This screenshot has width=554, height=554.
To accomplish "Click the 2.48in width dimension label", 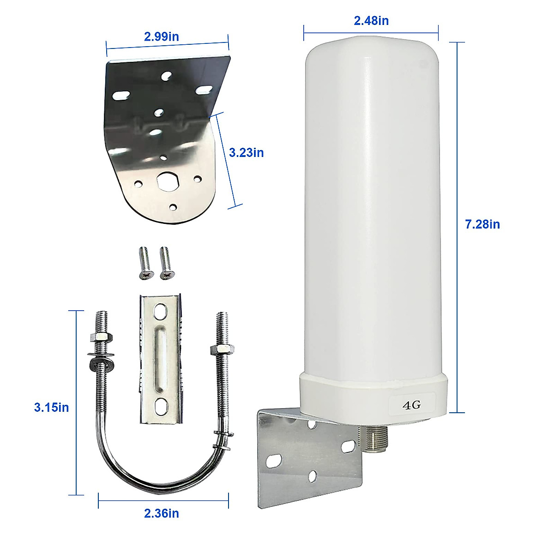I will pos(371,21).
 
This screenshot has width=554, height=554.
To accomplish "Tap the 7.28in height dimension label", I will pos(482,224).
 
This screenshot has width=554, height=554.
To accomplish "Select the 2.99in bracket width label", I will pos(161,36).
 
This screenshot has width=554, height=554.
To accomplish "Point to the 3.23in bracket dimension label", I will pos(246,152).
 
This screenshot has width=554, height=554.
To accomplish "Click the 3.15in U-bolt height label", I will pos(51,407).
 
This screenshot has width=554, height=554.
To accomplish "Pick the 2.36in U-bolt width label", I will pos(161,513).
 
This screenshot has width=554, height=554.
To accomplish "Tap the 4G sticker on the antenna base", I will pos(411,405).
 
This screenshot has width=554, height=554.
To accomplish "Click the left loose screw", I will pos(145,262).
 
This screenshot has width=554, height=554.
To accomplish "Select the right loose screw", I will pos(165,262).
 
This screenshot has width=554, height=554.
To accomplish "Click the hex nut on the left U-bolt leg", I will pos(102,337).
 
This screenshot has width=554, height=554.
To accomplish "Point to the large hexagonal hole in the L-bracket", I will pos(167,181).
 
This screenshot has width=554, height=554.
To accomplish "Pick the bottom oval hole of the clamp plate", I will pos(161,406).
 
